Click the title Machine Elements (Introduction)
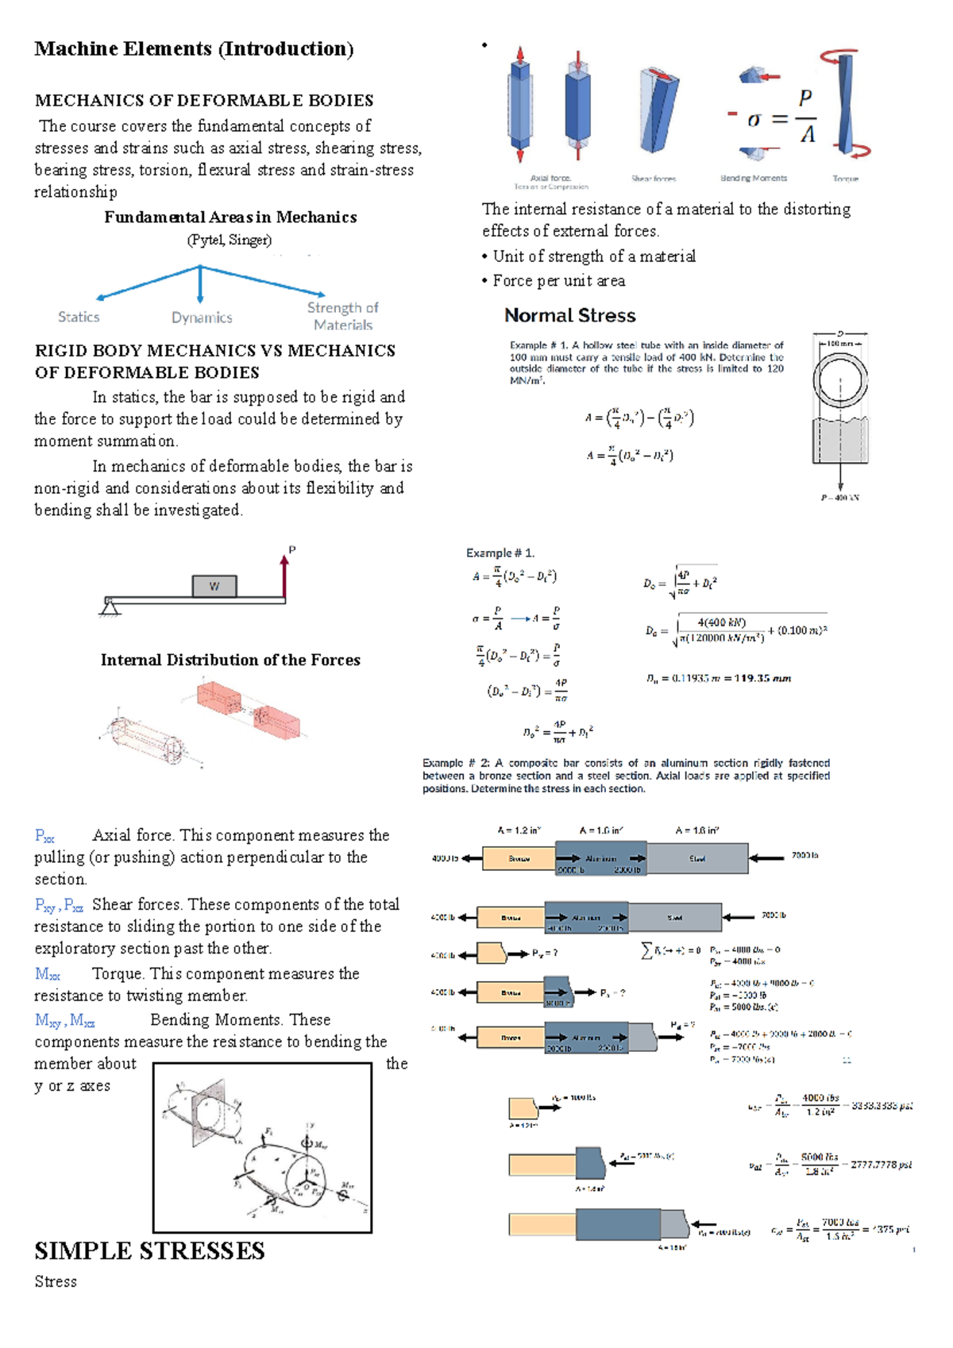click(194, 49)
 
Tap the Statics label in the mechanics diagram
click(79, 317)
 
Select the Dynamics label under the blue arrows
click(202, 318)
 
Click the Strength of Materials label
click(342, 316)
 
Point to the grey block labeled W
click(214, 587)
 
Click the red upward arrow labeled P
click(284, 576)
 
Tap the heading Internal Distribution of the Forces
click(230, 660)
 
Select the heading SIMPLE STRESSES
click(149, 1251)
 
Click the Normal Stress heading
click(569, 315)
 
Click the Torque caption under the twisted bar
click(845, 179)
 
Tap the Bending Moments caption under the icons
click(753, 178)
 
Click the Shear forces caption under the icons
click(654, 179)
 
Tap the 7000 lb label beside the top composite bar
click(804, 856)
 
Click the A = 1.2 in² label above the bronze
click(519, 830)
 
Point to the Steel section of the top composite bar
click(696, 858)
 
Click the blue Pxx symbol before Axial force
click(44, 836)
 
